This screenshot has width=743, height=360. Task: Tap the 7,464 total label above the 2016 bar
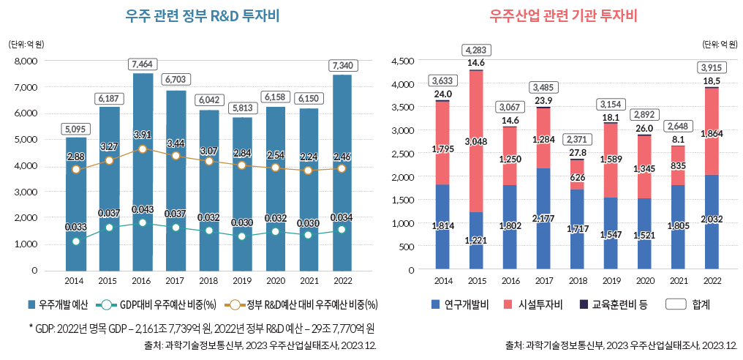(143, 64)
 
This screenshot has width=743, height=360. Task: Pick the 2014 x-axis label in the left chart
(75, 281)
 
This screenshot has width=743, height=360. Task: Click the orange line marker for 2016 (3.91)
(143, 149)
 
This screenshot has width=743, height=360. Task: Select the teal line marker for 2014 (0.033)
(75, 241)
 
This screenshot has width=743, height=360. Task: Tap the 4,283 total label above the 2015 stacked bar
(476, 50)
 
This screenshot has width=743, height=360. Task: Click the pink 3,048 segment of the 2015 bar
(476, 141)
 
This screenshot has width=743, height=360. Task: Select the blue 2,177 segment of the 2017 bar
(543, 219)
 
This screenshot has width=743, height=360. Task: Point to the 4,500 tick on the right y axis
(404, 61)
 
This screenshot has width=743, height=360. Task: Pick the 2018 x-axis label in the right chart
(577, 281)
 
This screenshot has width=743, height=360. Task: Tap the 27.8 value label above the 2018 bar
(577, 151)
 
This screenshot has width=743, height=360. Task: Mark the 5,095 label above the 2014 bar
(75, 129)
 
